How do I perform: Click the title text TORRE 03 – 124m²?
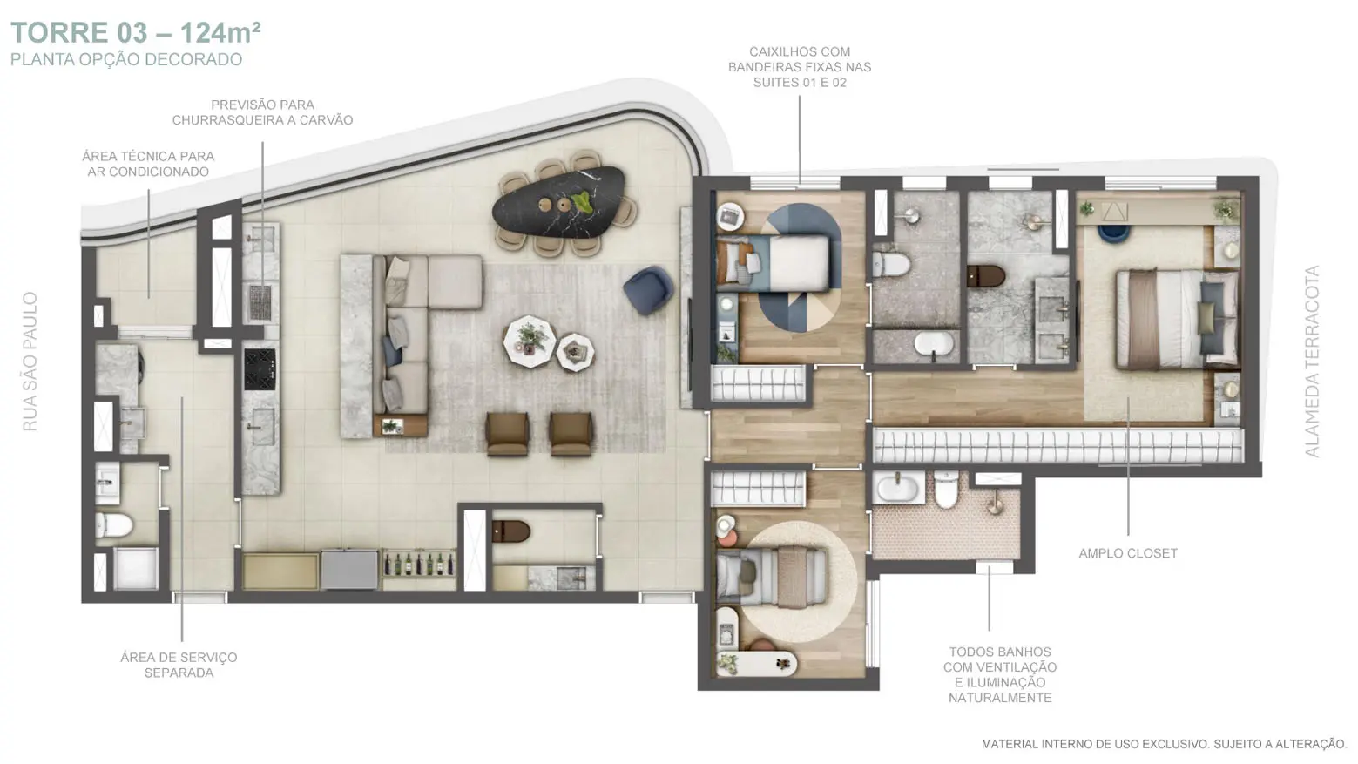[136, 33]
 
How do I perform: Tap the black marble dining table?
[558, 202]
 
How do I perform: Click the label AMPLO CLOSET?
[1128, 553]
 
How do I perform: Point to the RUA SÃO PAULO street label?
[30, 362]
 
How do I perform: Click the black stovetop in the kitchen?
[260, 369]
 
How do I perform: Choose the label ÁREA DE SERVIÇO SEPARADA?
[179, 666]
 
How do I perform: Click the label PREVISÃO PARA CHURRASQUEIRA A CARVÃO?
[262, 112]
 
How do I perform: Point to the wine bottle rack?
[419, 564]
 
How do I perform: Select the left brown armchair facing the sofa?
[507, 434]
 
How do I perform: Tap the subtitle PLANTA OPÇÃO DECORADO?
[126, 59]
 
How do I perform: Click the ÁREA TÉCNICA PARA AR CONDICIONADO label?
[148, 164]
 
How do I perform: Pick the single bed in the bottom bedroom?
[772, 577]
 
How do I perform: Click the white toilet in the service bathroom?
[114, 525]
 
